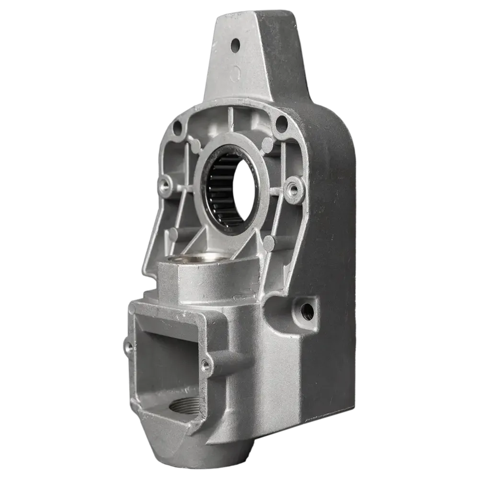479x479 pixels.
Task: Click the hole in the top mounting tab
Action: point(235,45)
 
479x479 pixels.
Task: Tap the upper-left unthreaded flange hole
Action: point(177,127)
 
